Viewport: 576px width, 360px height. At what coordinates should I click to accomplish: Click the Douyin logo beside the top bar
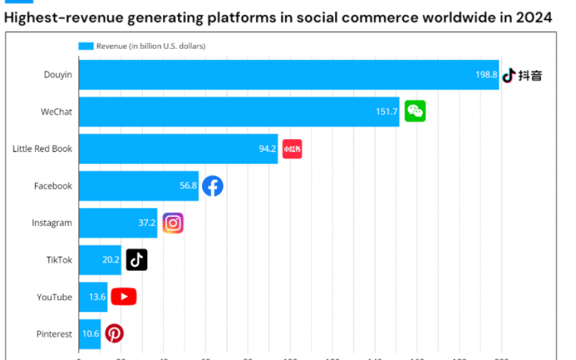pos(521,75)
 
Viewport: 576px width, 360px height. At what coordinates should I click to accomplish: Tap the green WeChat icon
pos(415,111)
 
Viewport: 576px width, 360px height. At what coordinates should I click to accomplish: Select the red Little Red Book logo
pos(292,149)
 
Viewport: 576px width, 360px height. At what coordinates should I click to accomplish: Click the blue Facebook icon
pos(212,186)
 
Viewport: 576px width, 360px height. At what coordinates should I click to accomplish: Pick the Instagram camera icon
pos(173,223)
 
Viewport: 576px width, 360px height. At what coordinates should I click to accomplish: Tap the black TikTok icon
pos(136,260)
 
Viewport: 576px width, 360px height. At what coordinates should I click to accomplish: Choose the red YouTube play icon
pos(123,297)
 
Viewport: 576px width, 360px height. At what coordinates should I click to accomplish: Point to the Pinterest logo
pos(114,334)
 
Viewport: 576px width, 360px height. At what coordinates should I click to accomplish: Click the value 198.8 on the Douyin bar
pos(486,75)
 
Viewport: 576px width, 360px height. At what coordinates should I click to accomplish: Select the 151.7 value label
pos(386,112)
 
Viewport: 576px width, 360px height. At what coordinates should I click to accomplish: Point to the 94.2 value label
pos(268,149)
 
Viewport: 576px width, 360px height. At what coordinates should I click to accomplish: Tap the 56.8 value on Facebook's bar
pos(188,186)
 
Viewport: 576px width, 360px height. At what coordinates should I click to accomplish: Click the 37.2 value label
pos(147,223)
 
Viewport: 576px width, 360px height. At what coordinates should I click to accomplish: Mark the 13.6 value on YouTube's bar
pos(97,297)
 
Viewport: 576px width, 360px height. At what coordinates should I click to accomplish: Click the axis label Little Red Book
pos(42,149)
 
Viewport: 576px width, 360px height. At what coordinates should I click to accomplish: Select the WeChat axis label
pos(56,112)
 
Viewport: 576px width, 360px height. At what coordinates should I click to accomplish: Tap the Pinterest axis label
pos(54,334)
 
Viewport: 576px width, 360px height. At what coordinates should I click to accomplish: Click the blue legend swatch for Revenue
pos(86,46)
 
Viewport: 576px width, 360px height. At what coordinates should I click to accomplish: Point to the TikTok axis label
pos(59,260)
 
